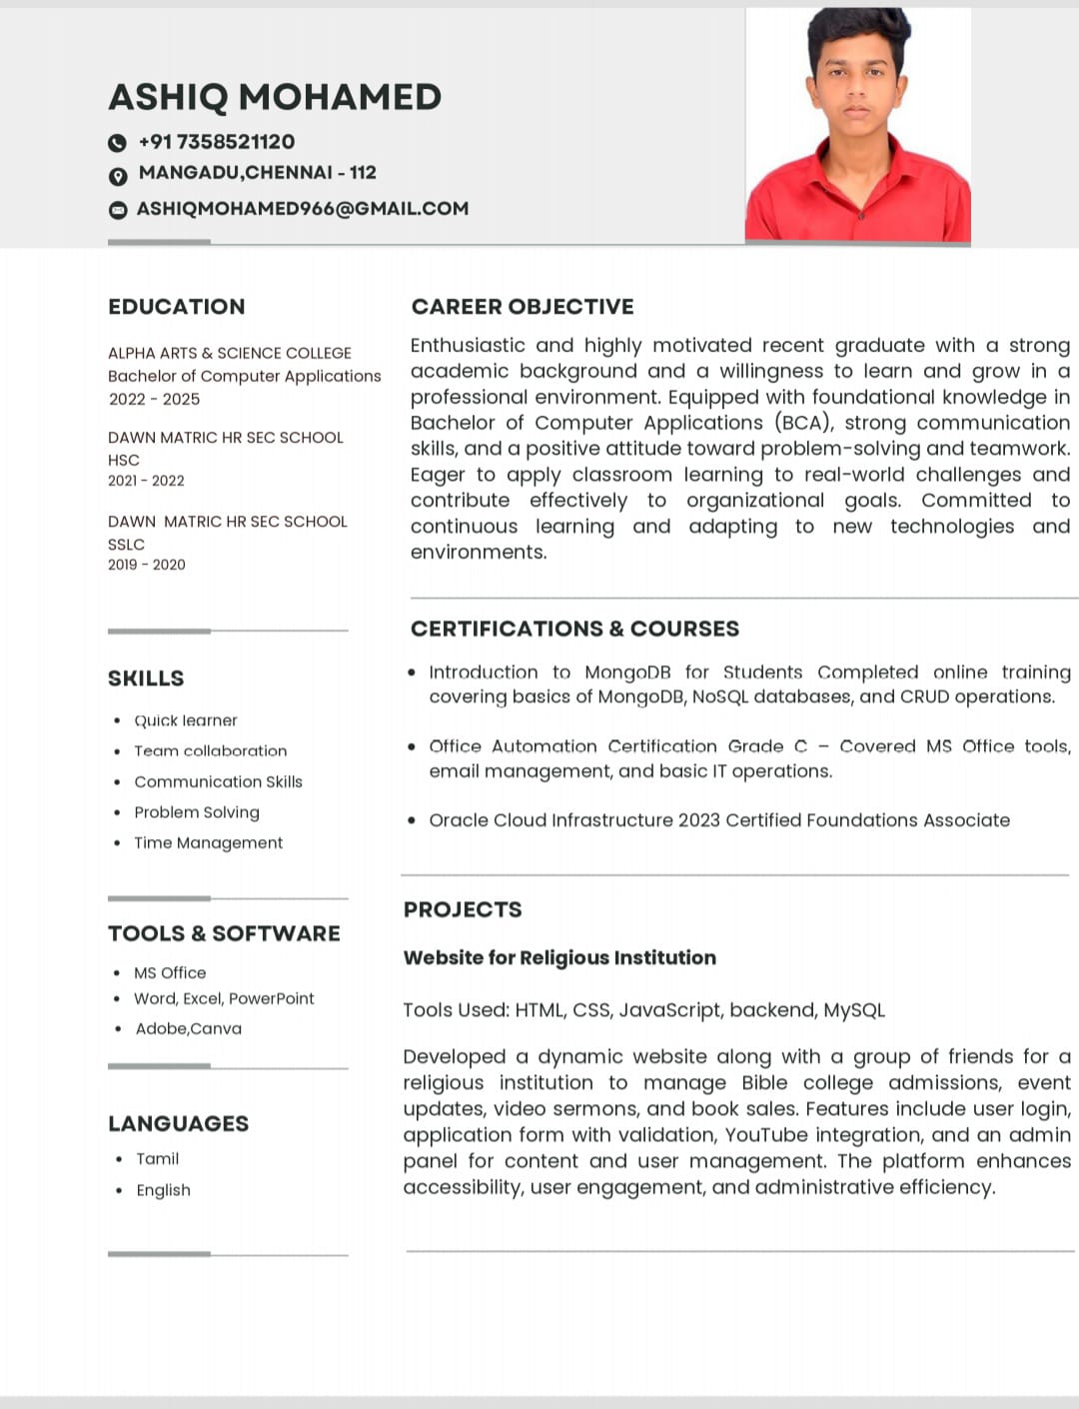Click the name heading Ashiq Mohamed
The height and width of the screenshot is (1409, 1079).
pos(275,97)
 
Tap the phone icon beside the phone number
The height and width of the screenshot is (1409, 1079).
pos(118,143)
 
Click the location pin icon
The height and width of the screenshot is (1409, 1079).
pos(118,176)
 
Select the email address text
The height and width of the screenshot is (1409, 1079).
pos(303,209)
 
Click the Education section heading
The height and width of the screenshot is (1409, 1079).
pos(177,307)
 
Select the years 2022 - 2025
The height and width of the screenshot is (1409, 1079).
pos(155,399)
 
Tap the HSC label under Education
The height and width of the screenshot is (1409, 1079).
pos(124,460)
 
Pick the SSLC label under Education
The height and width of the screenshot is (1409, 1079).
pos(127,544)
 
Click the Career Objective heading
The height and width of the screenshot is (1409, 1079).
pos(523,307)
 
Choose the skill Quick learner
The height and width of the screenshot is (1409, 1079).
pos(186,720)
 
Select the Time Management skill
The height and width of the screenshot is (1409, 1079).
pos(209,842)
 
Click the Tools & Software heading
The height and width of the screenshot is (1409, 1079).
pos(224,933)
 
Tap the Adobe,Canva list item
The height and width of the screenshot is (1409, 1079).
pos(189,1028)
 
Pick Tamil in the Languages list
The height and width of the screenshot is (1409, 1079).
pos(158,1158)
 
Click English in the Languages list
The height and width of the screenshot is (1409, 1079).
pos(164,1189)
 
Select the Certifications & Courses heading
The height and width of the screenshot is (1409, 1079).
pos(574,629)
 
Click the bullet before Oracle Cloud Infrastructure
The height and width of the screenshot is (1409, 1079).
pos(412,820)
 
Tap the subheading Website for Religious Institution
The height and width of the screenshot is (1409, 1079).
pos(559,957)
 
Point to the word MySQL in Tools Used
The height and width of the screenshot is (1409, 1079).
pos(854,1010)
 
